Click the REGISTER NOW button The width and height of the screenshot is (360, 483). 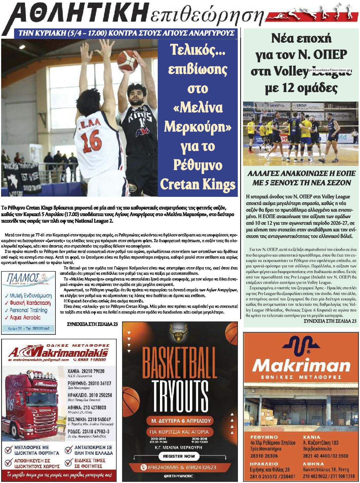pos(179,456)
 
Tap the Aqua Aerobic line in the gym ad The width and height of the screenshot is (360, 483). pos(25,317)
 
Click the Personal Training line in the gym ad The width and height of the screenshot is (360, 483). pos(28,310)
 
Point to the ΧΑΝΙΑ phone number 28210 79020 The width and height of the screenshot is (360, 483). pos(86,371)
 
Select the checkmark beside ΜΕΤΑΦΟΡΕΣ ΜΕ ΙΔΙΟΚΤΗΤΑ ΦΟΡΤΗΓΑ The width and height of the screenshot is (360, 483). pos(8,450)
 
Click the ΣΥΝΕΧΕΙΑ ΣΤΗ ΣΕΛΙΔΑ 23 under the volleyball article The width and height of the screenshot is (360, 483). pos(330,321)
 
